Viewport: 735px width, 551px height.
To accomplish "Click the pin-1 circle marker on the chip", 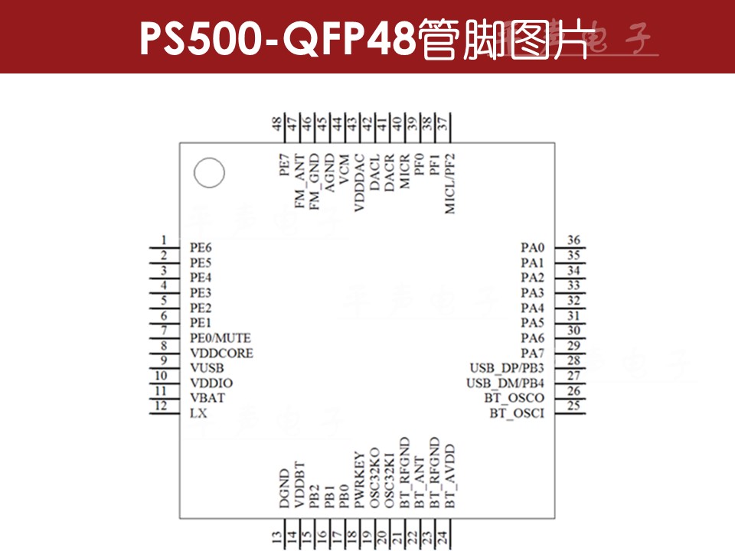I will pos(209,173).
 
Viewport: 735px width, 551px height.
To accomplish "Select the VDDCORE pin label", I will pos(221,354).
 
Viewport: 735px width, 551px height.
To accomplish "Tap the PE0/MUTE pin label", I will pos(220,338).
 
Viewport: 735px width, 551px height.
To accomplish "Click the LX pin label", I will pos(198,413).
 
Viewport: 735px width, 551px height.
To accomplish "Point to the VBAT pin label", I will pos(207,398).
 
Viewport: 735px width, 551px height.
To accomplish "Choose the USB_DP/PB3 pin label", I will pos(506,368).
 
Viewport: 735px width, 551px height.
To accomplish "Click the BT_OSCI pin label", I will pos(517,413).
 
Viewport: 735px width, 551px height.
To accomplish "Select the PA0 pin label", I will pos(532,248).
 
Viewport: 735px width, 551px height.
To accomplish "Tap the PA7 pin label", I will pos(532,353).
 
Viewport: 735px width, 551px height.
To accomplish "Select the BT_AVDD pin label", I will pos(450,476).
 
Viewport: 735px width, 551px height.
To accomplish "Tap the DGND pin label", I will pos(284,490).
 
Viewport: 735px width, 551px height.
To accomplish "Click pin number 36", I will pos(573,240).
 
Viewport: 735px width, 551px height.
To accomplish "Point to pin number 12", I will pos(160,406).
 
